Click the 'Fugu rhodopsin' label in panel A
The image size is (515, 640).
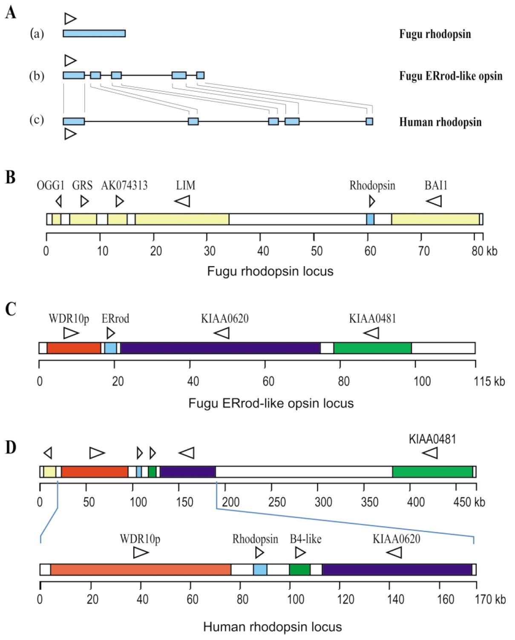tap(434, 34)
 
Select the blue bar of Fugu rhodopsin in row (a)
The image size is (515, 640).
tap(94, 33)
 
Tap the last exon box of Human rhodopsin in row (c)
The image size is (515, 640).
tap(369, 122)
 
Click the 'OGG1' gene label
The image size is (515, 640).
tap(50, 185)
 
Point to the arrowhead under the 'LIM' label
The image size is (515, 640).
tap(182, 201)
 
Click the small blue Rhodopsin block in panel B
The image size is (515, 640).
tap(370, 219)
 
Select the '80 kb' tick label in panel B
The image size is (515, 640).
tap(484, 251)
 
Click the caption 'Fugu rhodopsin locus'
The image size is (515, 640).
tap(270, 271)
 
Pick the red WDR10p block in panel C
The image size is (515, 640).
tap(74, 348)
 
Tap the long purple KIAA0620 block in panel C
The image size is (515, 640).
tap(220, 348)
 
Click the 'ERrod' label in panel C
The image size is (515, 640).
tap(115, 319)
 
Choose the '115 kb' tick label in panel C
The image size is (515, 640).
tap(489, 381)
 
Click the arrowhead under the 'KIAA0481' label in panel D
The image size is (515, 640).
tap(430, 453)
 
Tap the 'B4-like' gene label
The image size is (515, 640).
tap(305, 539)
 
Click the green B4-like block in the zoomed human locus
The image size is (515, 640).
tap(299, 570)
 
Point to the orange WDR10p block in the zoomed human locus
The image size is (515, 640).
tap(141, 570)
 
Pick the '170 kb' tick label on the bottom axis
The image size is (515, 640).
tap(490, 599)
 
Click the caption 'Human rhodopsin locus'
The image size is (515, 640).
tap(272, 627)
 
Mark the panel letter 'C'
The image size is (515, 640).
tap(11, 309)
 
